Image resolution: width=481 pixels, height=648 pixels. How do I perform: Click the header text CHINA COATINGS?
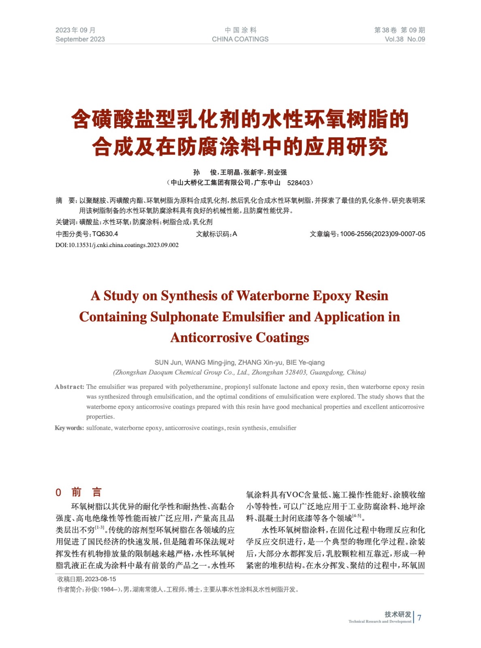coord(240,39)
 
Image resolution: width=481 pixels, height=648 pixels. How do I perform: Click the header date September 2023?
coord(80,39)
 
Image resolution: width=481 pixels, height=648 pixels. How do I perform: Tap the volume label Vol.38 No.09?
coord(404,39)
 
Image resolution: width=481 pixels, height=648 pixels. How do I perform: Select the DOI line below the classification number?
coord(117,245)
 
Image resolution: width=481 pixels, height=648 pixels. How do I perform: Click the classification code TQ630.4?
coord(105,234)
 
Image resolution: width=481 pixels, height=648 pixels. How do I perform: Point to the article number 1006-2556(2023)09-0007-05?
coord(382,234)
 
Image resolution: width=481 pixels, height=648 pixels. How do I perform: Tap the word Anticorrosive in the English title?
coord(211,338)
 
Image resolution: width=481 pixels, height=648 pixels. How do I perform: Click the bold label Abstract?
coord(69,387)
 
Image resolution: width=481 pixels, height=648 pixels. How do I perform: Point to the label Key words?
coord(69,428)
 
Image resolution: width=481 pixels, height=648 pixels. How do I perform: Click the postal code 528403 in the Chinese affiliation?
coord(298,183)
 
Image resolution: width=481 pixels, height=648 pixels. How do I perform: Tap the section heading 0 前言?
coord(79,492)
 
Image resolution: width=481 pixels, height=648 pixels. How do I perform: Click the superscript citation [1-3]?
coord(100,528)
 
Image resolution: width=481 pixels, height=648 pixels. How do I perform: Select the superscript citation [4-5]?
coord(357,516)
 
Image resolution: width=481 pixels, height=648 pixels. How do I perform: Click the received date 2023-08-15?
coord(100,579)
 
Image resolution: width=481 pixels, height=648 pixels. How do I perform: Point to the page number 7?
coord(419,618)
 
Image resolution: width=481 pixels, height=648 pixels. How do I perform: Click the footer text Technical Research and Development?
coord(380,621)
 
